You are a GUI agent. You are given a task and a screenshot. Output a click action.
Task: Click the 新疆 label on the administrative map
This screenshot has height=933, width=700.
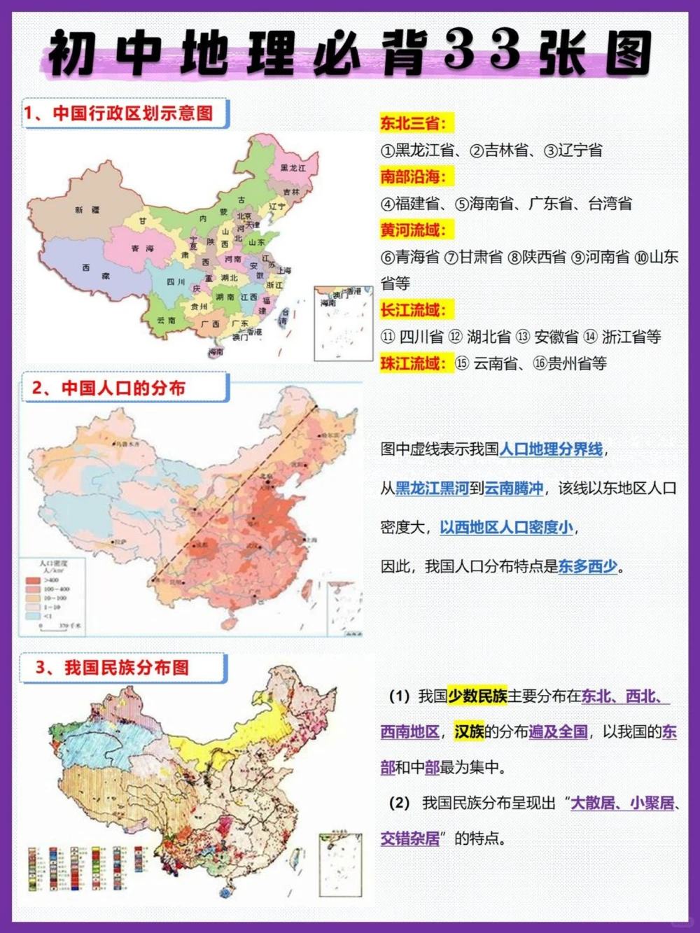click(x=87, y=210)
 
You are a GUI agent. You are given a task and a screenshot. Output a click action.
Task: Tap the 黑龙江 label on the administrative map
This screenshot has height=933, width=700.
click(x=293, y=168)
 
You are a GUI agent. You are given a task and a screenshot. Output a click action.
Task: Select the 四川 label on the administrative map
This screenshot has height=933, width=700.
click(x=176, y=282)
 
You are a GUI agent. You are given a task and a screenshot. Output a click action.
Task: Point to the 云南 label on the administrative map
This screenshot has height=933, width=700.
click(x=166, y=320)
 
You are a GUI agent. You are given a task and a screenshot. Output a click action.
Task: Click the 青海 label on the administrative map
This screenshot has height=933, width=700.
click(x=142, y=248)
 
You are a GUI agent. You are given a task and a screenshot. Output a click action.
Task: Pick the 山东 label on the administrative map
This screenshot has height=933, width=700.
click(x=257, y=242)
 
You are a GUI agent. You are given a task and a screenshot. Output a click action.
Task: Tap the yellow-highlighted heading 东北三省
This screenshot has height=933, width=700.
click(x=413, y=123)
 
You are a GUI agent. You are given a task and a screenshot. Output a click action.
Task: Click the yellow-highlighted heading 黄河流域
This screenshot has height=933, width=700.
click(x=413, y=230)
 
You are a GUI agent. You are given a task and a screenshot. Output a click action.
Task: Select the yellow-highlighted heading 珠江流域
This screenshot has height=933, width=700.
click(x=413, y=363)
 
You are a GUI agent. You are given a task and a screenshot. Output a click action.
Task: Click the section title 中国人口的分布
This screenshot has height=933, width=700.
click(x=123, y=388)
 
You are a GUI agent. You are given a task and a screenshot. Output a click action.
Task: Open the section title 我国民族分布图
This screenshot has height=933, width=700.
click(x=127, y=668)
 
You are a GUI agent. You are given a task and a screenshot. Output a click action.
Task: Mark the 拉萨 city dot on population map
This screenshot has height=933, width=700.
click(x=111, y=542)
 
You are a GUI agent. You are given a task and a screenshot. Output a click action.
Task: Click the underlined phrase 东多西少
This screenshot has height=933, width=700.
click(x=588, y=566)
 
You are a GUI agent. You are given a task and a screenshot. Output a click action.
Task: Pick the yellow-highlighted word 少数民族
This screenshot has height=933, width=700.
click(x=477, y=696)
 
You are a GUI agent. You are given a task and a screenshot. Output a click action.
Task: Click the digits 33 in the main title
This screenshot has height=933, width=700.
click(x=483, y=50)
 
